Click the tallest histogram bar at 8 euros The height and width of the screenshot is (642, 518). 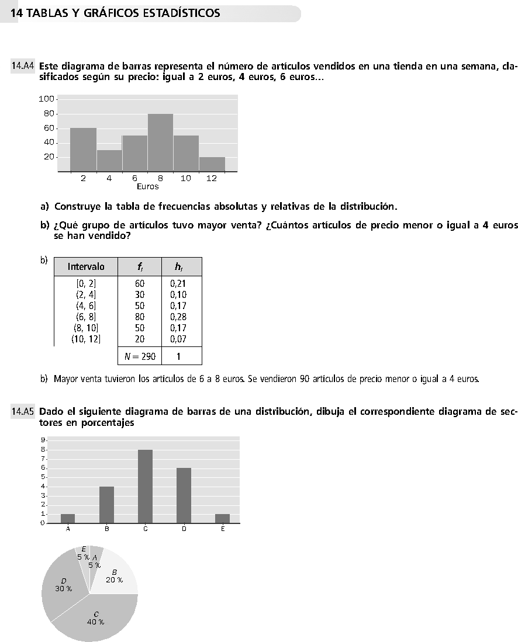pos(160,142)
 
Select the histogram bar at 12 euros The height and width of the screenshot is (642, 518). pos(212,164)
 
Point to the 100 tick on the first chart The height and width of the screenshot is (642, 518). pos(46,99)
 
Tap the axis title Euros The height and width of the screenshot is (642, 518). pos(147,187)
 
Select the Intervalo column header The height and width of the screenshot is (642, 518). pos(86,266)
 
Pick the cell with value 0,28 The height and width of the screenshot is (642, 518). pos(178,317)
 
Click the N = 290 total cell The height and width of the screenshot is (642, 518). pos(140,356)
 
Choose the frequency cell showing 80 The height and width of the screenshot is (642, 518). pos(140,317)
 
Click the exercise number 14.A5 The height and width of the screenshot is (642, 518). pos(22,411)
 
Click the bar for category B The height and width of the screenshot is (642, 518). pos(106,505)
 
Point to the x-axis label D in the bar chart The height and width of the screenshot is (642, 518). pos(184,529)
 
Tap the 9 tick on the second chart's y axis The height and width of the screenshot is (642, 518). pos(43,440)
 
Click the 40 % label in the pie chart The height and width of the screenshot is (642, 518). pos(95,622)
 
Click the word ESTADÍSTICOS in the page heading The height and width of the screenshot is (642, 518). pos(181,13)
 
